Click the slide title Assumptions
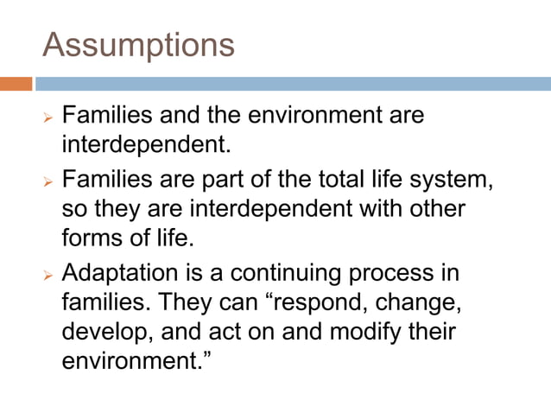(x=138, y=44)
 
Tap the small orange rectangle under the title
(x=16, y=84)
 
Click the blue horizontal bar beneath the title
(x=293, y=84)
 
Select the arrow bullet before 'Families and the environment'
(x=48, y=116)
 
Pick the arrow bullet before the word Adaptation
(x=48, y=276)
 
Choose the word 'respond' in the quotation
(x=309, y=305)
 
